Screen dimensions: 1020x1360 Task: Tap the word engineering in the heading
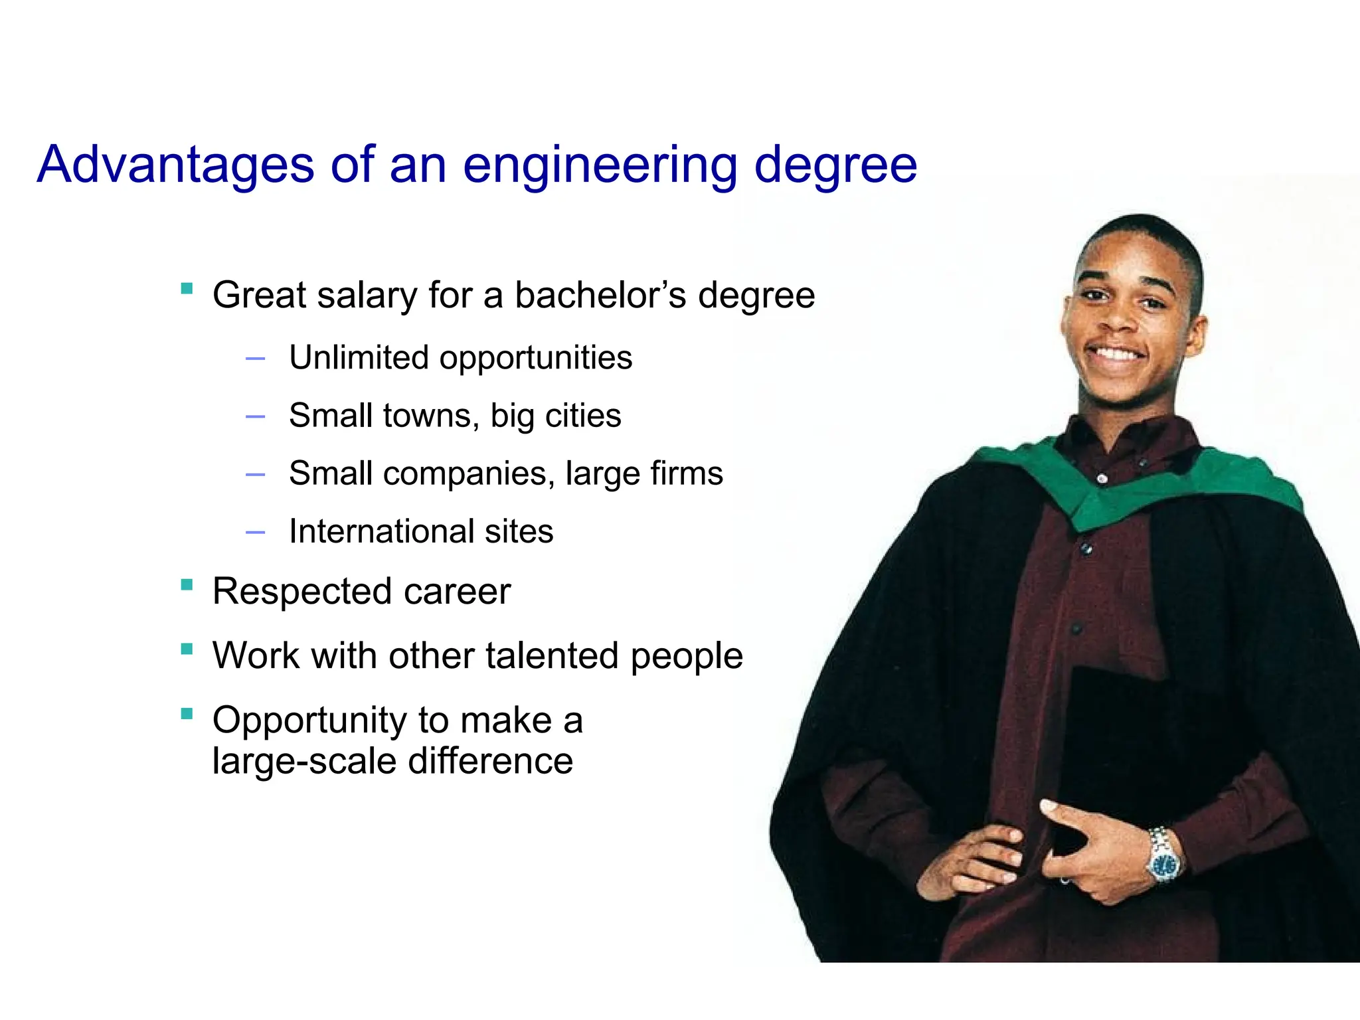600,166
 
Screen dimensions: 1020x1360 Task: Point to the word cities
582,416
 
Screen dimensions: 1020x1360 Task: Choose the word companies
469,473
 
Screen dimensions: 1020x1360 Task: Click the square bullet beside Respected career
187,585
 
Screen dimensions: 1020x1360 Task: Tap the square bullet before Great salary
187,289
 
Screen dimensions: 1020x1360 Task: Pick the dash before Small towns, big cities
255,417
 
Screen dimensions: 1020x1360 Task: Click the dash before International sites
255,533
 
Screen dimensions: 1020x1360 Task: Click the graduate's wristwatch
1164,863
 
